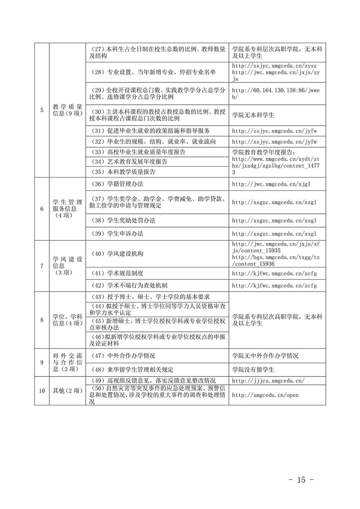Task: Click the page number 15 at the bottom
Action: (x=302, y=479)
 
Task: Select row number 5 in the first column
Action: (x=42, y=110)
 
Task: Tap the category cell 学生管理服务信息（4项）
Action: (x=67, y=209)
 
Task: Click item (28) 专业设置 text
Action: (x=153, y=72)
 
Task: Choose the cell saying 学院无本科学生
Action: (x=253, y=115)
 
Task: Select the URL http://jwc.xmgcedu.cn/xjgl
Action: (x=271, y=184)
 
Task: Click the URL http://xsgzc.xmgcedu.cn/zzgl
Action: (x=274, y=202)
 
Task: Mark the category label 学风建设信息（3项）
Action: (x=67, y=266)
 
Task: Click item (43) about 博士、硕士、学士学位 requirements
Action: (x=149, y=297)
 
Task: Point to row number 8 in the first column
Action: (x=42, y=320)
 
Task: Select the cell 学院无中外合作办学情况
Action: (x=265, y=356)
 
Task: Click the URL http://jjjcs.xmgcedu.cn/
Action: (x=268, y=380)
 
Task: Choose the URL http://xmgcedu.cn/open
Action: (x=265, y=395)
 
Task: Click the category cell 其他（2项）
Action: (x=67, y=391)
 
